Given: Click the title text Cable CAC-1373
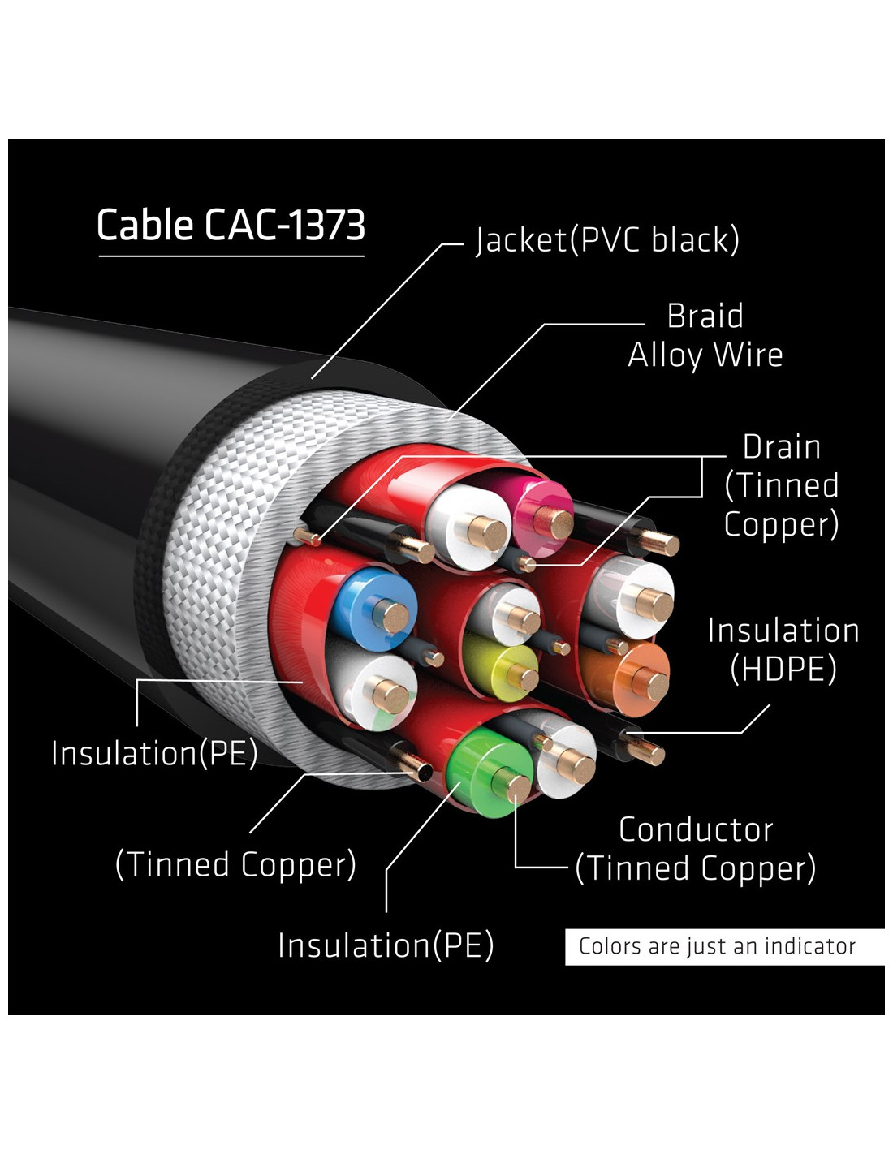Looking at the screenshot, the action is (x=231, y=225).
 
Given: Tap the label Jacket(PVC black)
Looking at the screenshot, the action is (x=607, y=240).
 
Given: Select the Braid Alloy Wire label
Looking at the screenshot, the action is (x=705, y=336).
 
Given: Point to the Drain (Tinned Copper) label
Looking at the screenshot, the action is (x=782, y=486).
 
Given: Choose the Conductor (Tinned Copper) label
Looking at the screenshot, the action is (x=696, y=849).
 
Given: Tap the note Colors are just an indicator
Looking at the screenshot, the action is (x=717, y=946).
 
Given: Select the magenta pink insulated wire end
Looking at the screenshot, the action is (x=540, y=515).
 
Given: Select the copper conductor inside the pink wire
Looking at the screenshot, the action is (x=554, y=523).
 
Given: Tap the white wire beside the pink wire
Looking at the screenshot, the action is (x=468, y=527).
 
